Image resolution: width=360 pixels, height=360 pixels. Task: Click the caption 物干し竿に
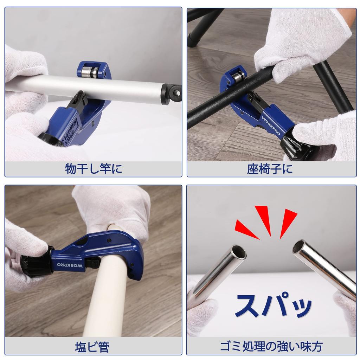(x=94, y=169)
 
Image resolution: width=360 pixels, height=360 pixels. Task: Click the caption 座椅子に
(x=270, y=169)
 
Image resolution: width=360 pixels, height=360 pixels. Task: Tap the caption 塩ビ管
(x=92, y=347)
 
